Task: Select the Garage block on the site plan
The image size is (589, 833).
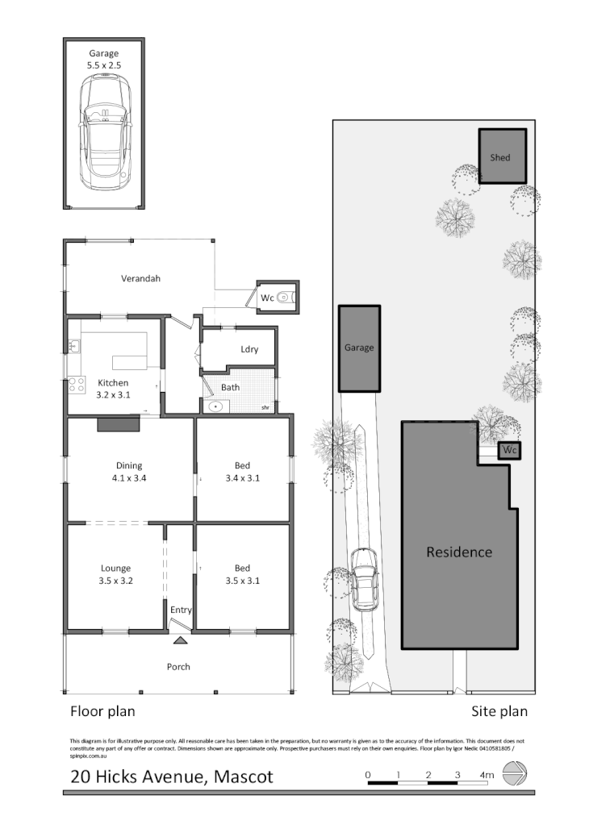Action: tap(359, 348)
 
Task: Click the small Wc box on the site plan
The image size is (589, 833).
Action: tap(509, 449)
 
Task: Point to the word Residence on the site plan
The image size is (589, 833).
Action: tap(459, 552)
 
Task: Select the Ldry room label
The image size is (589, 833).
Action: tap(249, 349)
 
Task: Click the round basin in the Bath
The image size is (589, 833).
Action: tap(215, 406)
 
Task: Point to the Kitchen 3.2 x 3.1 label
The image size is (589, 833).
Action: tap(113, 389)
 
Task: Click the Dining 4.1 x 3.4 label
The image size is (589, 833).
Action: tap(129, 471)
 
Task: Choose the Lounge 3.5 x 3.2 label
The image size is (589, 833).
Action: tap(115, 574)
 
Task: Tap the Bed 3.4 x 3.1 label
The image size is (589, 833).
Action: tap(242, 471)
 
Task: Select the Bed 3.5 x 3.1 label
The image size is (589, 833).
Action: tap(242, 574)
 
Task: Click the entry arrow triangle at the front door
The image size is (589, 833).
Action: tap(180, 641)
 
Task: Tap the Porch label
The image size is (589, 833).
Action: tap(178, 667)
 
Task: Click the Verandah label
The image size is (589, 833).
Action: tap(141, 278)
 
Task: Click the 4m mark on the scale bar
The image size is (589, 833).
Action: tap(486, 775)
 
